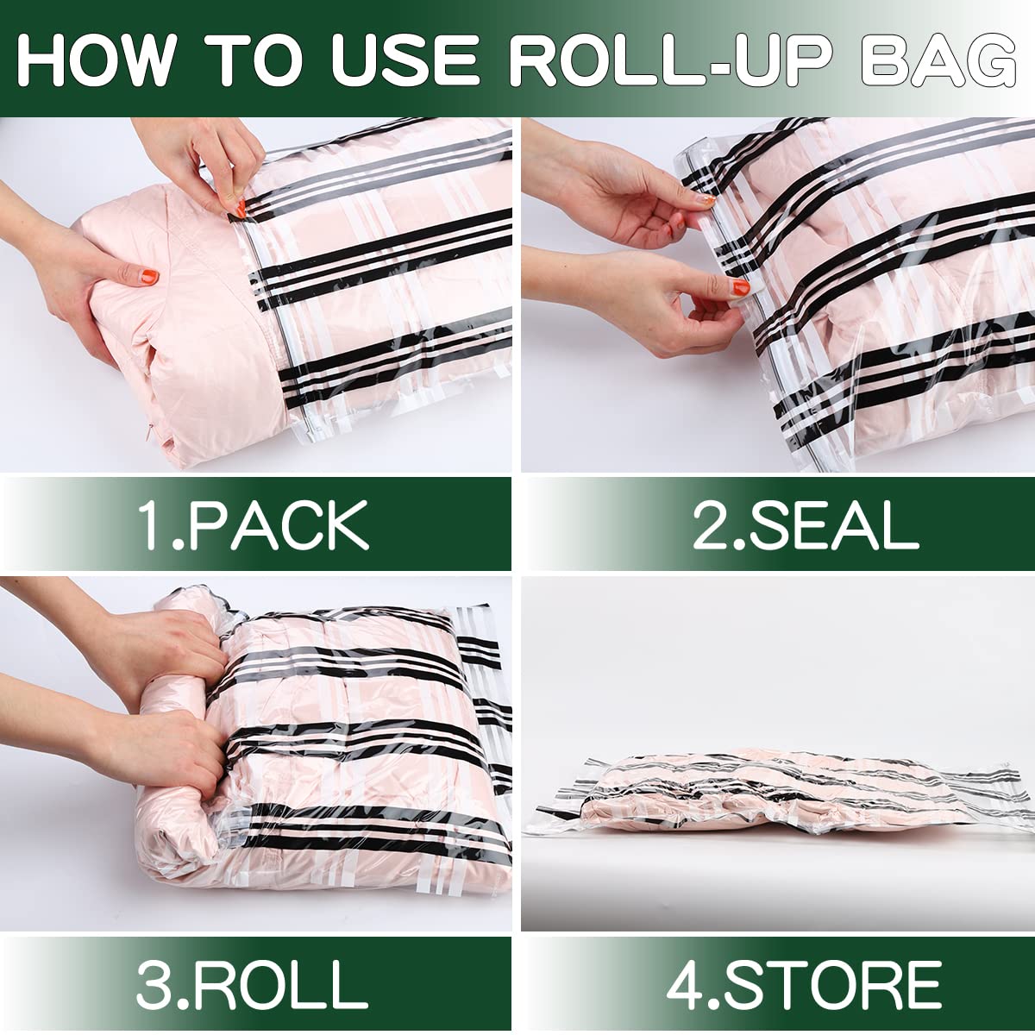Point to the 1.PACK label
(254, 524)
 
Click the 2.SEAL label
(806, 524)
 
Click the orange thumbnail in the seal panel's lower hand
(740, 287)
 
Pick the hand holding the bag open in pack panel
(216, 164)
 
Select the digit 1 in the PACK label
(152, 525)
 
